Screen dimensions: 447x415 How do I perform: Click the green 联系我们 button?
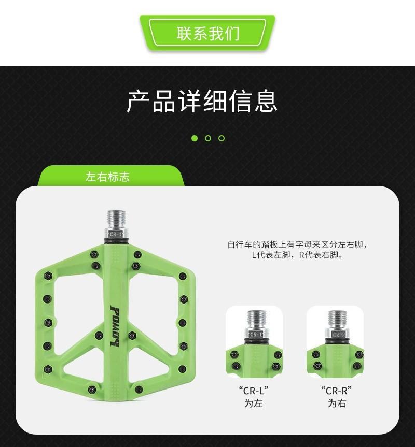(x=208, y=33)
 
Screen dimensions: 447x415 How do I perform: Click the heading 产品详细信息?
(x=202, y=101)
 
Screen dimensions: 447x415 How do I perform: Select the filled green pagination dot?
(x=195, y=138)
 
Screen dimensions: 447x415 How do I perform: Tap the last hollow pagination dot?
(x=222, y=138)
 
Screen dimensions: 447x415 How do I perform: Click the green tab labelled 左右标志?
(x=107, y=177)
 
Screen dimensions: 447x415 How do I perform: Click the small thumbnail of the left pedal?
(x=254, y=342)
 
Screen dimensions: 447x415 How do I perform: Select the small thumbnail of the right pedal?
(x=335, y=342)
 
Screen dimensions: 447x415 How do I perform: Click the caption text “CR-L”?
(x=254, y=391)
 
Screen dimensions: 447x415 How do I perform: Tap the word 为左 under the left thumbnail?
(x=254, y=403)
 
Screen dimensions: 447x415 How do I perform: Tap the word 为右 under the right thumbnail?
(x=336, y=403)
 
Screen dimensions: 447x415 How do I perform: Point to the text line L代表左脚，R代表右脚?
(x=297, y=255)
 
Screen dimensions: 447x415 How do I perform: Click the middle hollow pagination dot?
(x=208, y=138)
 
